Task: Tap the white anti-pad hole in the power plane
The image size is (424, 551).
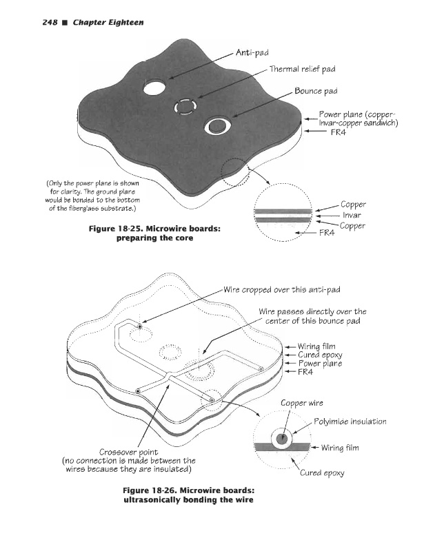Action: click(154, 87)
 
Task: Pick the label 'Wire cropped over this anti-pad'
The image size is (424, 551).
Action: click(282, 289)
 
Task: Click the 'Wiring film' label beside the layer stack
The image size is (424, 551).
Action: click(319, 346)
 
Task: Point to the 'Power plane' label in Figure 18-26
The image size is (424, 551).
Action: click(319, 363)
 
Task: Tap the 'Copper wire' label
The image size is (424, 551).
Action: click(301, 403)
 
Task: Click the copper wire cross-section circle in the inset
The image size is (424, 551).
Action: click(283, 439)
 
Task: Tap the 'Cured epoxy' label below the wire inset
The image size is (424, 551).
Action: click(321, 473)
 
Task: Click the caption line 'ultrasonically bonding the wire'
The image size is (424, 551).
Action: click(179, 499)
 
